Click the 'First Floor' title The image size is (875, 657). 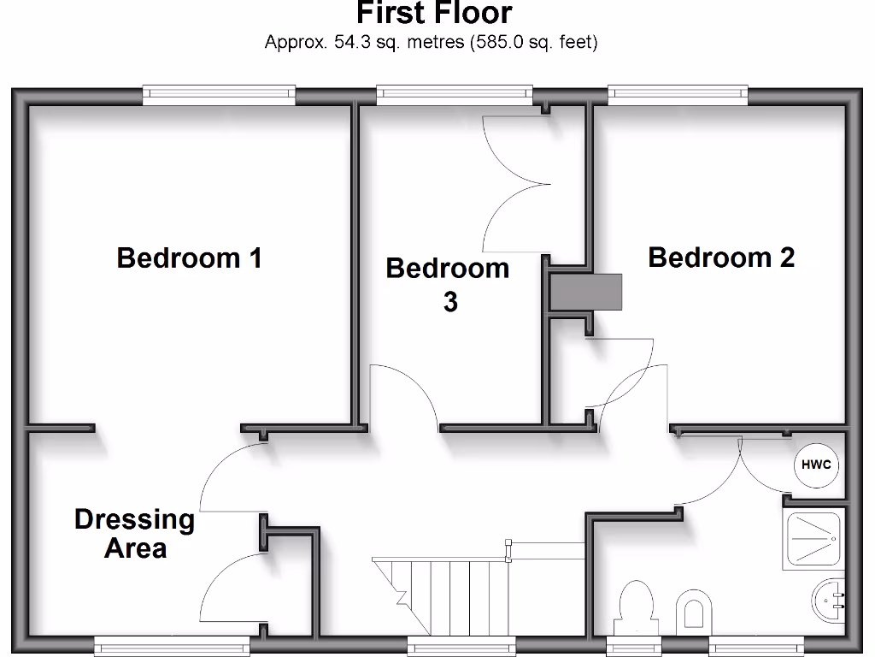(433, 14)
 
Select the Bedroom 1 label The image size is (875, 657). (189, 257)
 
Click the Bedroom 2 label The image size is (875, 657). (721, 257)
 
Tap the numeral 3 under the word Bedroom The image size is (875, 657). (449, 302)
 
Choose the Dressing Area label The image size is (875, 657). (134, 533)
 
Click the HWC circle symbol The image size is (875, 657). (817, 466)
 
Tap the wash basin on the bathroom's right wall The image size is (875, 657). (829, 602)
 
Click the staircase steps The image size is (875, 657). (444, 590)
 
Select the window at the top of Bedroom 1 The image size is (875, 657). (218, 95)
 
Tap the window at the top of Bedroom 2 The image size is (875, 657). (678, 95)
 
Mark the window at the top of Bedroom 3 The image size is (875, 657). (454, 95)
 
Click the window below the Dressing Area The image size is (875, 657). (166, 647)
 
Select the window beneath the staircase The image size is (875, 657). (461, 647)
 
